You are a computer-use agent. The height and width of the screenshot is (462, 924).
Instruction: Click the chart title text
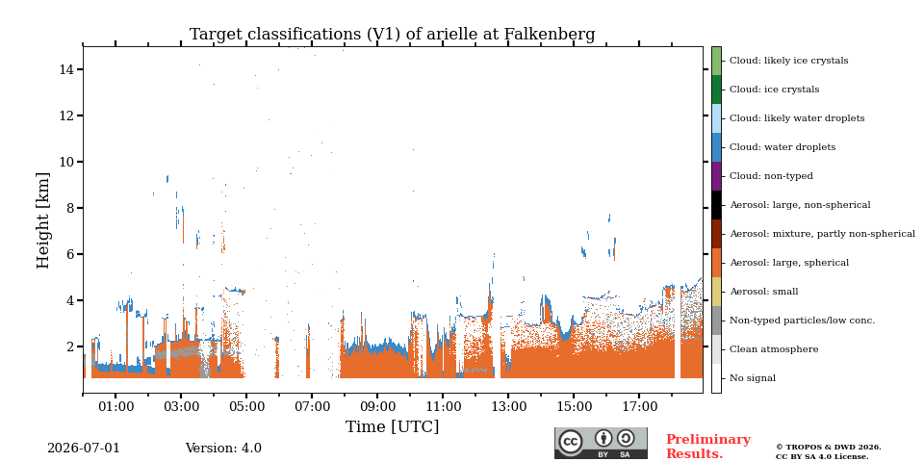[x=392, y=35]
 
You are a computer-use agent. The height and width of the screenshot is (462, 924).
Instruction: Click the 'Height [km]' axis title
[x=43, y=220]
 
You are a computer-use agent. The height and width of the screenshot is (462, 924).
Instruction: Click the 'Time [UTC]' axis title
[x=393, y=426]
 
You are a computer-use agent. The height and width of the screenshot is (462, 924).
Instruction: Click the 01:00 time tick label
[x=115, y=406]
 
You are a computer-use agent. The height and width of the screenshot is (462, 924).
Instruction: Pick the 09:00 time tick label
[x=377, y=406]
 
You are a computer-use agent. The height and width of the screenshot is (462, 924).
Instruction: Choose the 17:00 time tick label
[x=640, y=406]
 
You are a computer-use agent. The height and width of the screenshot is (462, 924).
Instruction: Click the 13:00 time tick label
[x=509, y=406]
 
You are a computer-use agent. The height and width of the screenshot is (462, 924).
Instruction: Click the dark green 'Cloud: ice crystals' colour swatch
[x=716, y=90]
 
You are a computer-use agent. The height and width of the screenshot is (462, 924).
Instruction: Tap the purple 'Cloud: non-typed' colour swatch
[x=716, y=176]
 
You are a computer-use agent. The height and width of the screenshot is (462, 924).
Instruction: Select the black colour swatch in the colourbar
[x=716, y=205]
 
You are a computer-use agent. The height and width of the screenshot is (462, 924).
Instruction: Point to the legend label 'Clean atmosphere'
[x=774, y=349]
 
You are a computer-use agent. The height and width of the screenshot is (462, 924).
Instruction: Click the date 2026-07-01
[x=83, y=448]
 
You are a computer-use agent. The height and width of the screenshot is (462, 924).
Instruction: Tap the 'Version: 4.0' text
[x=223, y=448]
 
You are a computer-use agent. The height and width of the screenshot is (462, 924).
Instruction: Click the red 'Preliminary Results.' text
[x=708, y=447]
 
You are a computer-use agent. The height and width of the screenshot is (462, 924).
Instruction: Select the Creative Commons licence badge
[x=601, y=443]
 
